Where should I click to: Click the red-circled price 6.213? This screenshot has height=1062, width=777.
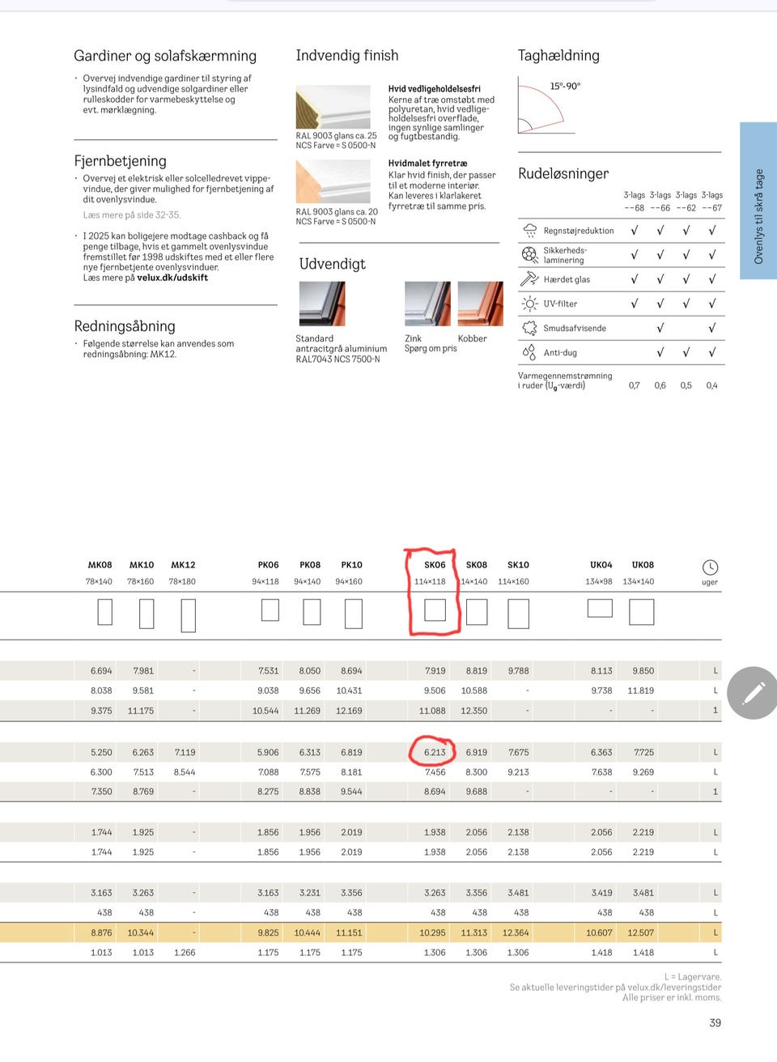435,753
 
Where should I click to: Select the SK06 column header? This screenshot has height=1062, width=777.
435,565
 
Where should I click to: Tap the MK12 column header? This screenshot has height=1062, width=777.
183,565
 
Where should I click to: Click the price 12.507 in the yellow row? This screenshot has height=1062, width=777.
640,932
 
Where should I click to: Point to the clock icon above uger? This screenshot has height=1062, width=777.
710,567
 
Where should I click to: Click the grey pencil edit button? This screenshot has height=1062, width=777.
753,693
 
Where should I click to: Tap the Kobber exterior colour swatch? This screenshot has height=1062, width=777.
480,304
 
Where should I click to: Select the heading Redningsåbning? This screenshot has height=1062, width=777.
125,325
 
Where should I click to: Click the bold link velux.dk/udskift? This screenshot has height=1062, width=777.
172,278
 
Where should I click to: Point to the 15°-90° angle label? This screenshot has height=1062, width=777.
565,87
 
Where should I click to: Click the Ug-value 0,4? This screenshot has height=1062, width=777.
711,385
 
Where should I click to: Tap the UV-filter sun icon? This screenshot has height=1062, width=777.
529,304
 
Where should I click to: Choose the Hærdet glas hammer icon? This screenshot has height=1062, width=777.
529,278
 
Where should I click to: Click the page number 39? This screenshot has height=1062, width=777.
715,1022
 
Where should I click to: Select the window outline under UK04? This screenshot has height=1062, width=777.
600,608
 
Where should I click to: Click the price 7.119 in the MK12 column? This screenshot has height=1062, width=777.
185,753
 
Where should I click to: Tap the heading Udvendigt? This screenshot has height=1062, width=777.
333,264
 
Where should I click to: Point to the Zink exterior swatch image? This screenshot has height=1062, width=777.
427,304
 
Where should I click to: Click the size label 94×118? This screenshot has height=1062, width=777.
265,581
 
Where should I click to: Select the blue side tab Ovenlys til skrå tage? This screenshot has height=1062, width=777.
758,201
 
